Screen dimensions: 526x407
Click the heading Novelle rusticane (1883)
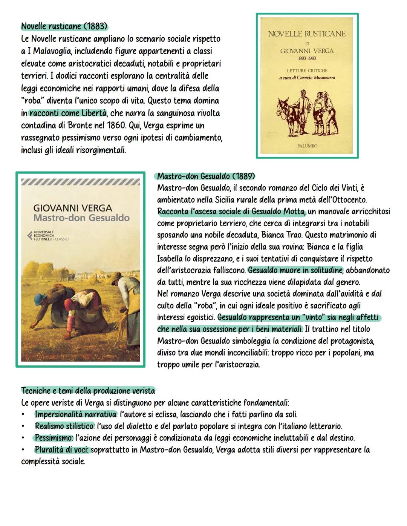[x=64, y=26]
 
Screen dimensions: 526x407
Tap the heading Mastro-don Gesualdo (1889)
[x=206, y=176]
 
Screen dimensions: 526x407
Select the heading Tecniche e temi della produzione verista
[x=88, y=390]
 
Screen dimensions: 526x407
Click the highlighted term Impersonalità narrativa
[x=75, y=414]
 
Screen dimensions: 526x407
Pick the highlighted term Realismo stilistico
[x=64, y=426]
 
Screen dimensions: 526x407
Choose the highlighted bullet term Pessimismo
[x=54, y=438]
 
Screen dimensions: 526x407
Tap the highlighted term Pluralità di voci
[x=62, y=450]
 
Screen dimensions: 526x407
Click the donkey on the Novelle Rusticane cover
[x=287, y=115]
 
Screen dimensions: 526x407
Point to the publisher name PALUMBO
[x=307, y=146]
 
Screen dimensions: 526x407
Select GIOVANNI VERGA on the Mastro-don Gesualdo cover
[x=73, y=208]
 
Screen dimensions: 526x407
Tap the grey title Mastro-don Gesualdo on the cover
[x=81, y=218]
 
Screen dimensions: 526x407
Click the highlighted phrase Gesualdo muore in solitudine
[x=295, y=270]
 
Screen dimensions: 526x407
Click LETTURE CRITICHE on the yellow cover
[x=307, y=71]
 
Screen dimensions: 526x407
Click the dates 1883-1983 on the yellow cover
[x=307, y=58]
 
